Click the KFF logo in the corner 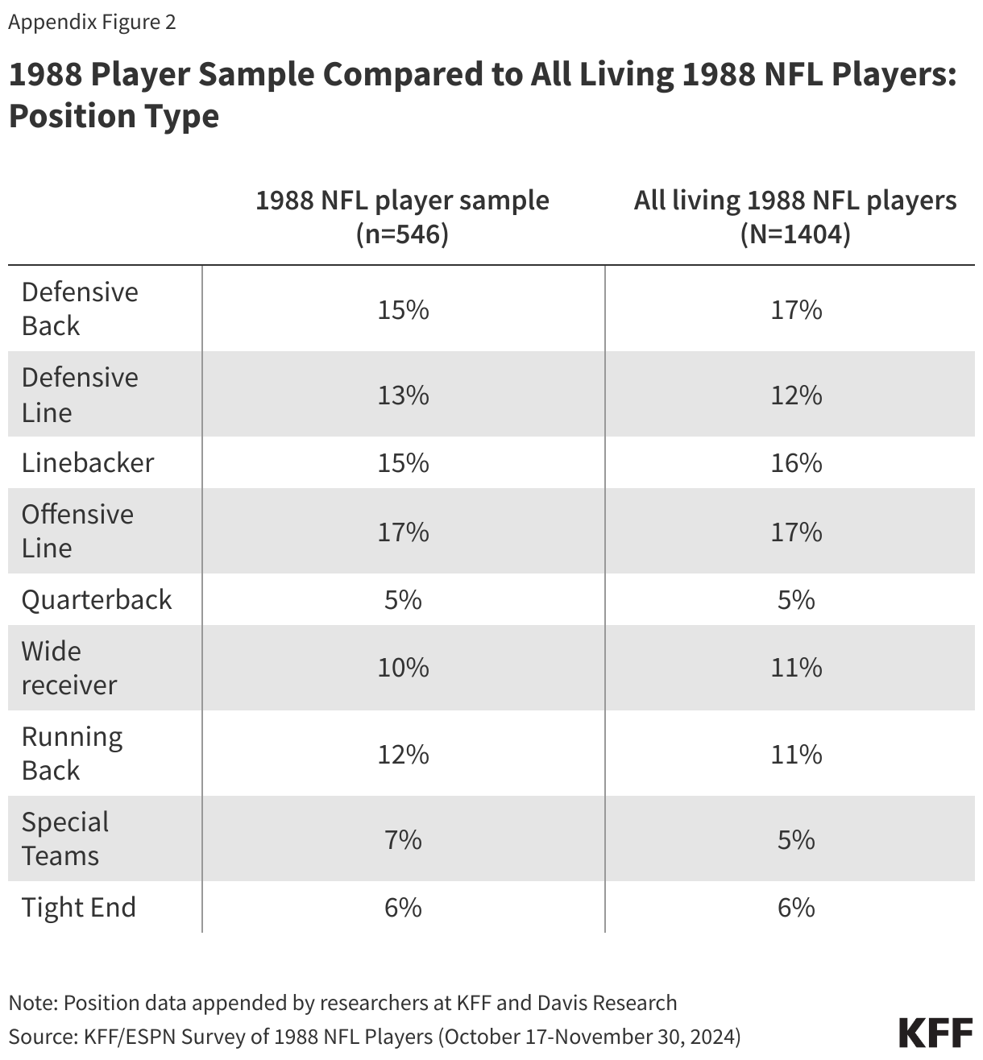(935, 1033)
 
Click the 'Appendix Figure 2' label (92, 22)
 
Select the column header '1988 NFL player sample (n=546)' (402, 217)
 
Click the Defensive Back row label (79, 308)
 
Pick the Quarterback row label (97, 599)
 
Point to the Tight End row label (78, 907)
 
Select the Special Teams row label (65, 838)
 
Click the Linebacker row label (87, 462)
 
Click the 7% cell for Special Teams (402, 839)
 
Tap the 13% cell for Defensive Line (402, 395)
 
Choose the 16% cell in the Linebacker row (795, 462)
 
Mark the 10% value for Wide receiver (402, 668)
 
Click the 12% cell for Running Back (402, 754)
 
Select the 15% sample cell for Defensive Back (402, 309)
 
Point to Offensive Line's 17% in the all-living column (795, 532)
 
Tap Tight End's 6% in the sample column (402, 907)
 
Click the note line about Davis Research (342, 1003)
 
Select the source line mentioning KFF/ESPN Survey (375, 1035)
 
